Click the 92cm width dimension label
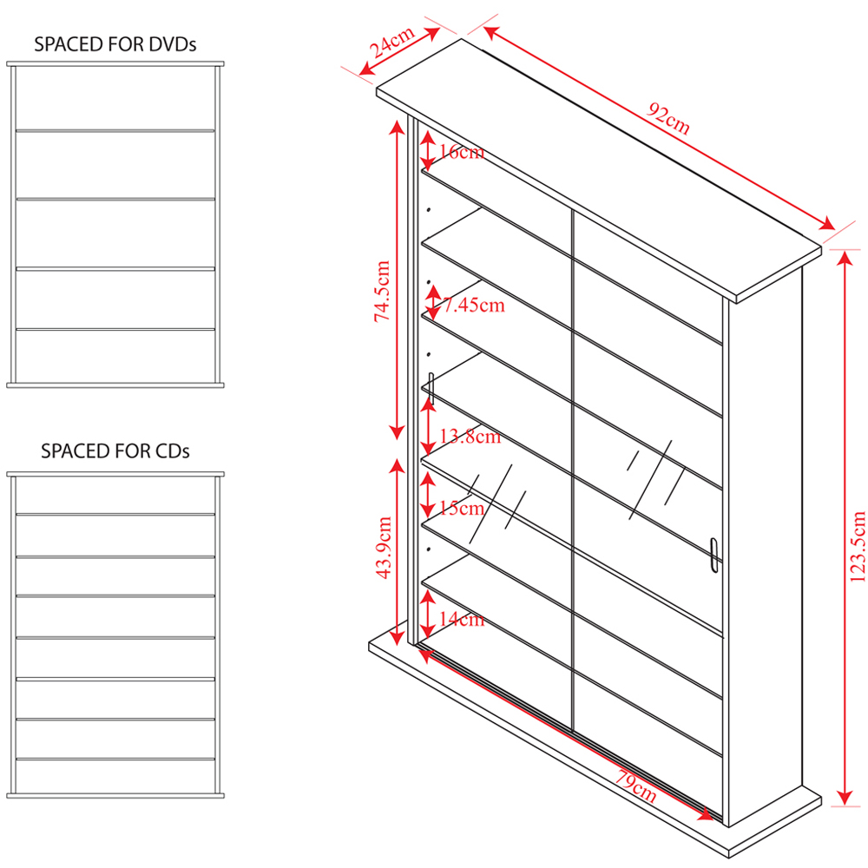click(x=668, y=118)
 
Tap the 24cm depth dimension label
click(x=392, y=42)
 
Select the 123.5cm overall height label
click(x=857, y=546)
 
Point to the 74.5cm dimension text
click(x=382, y=291)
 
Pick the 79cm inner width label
click(x=636, y=786)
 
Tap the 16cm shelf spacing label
click(x=461, y=152)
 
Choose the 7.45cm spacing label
click(x=474, y=305)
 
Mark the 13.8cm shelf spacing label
click(x=470, y=437)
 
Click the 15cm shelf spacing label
click(x=461, y=508)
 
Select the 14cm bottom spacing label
click(x=461, y=619)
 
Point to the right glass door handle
click(x=713, y=556)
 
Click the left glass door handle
click(x=431, y=387)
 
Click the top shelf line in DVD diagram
click(x=115, y=131)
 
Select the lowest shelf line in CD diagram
click(x=115, y=759)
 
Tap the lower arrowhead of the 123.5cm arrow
click(x=845, y=797)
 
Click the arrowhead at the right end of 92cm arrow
click(x=826, y=223)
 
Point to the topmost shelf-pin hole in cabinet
click(x=429, y=210)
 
